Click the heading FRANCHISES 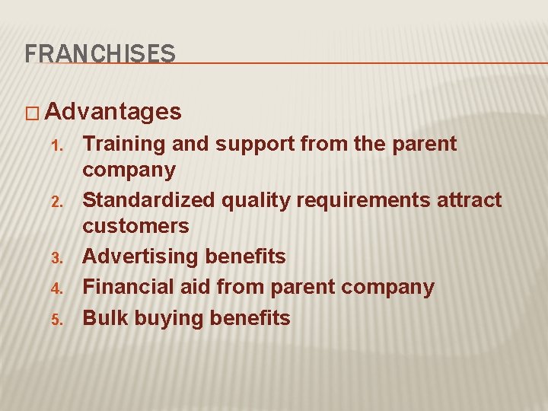(x=100, y=53)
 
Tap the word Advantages (x=113, y=113)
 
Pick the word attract (x=472, y=201)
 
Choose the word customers (x=135, y=226)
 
